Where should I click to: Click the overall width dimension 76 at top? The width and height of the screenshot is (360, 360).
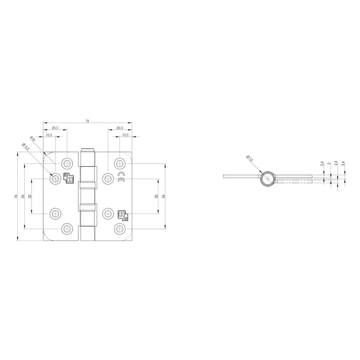pyautogui.click(x=87, y=121)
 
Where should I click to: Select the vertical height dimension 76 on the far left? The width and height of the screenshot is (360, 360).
pyautogui.click(x=15, y=196)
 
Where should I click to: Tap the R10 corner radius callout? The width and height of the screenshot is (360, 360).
pyautogui.click(x=33, y=139)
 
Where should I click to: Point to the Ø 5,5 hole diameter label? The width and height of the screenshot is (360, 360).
pyautogui.click(x=26, y=146)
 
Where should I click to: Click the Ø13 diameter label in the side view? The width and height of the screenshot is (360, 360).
pyautogui.click(x=249, y=158)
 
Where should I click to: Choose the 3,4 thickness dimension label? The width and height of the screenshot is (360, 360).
pyautogui.click(x=343, y=163)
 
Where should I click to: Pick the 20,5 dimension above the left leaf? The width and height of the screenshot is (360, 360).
pyautogui.click(x=55, y=128)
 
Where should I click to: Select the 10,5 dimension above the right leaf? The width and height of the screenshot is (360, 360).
pyautogui.click(x=125, y=135)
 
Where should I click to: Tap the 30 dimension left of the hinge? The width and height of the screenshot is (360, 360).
pyautogui.click(x=30, y=196)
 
